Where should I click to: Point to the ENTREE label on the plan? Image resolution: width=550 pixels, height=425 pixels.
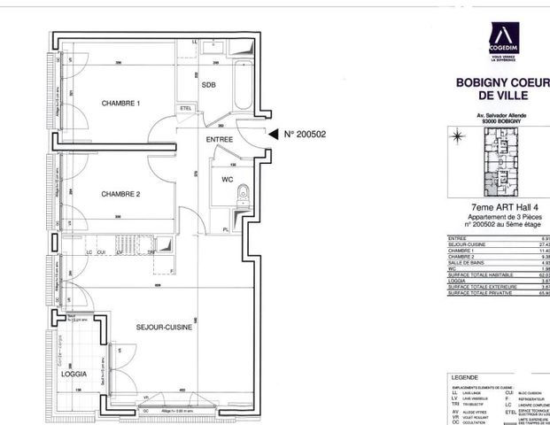[x=220, y=139]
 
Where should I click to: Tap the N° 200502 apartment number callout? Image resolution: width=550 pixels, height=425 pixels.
[x=306, y=135]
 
